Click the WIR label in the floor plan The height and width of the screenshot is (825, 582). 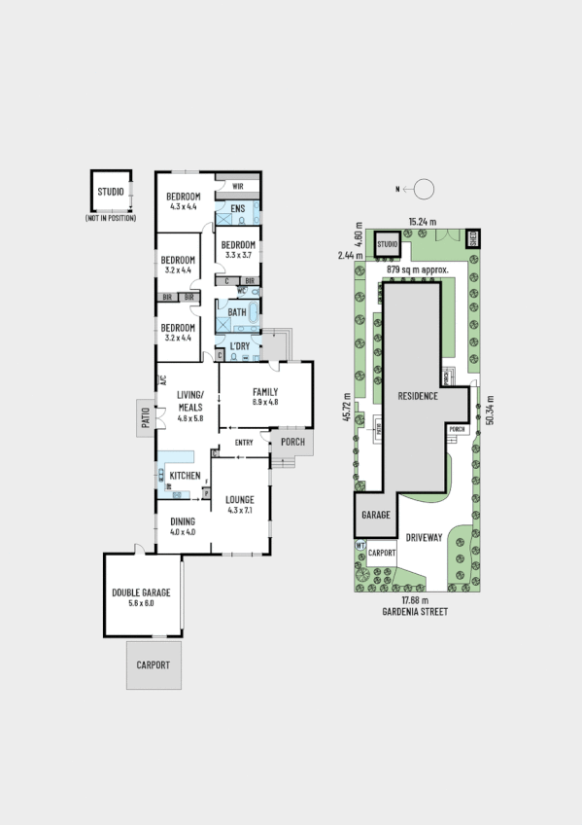[237, 186]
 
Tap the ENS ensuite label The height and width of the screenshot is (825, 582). [237, 208]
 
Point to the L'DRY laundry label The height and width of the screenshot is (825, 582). [240, 345]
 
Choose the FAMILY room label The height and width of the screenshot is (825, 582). [265, 392]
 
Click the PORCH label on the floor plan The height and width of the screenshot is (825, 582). [292, 442]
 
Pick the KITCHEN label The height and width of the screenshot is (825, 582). [185, 476]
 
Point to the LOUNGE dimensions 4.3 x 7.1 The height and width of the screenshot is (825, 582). [240, 510]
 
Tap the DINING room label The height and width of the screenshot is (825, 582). [184, 521]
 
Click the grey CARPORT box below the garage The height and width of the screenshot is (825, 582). [153, 665]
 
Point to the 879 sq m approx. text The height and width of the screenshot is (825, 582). [415, 269]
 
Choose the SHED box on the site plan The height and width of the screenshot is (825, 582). [472, 235]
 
